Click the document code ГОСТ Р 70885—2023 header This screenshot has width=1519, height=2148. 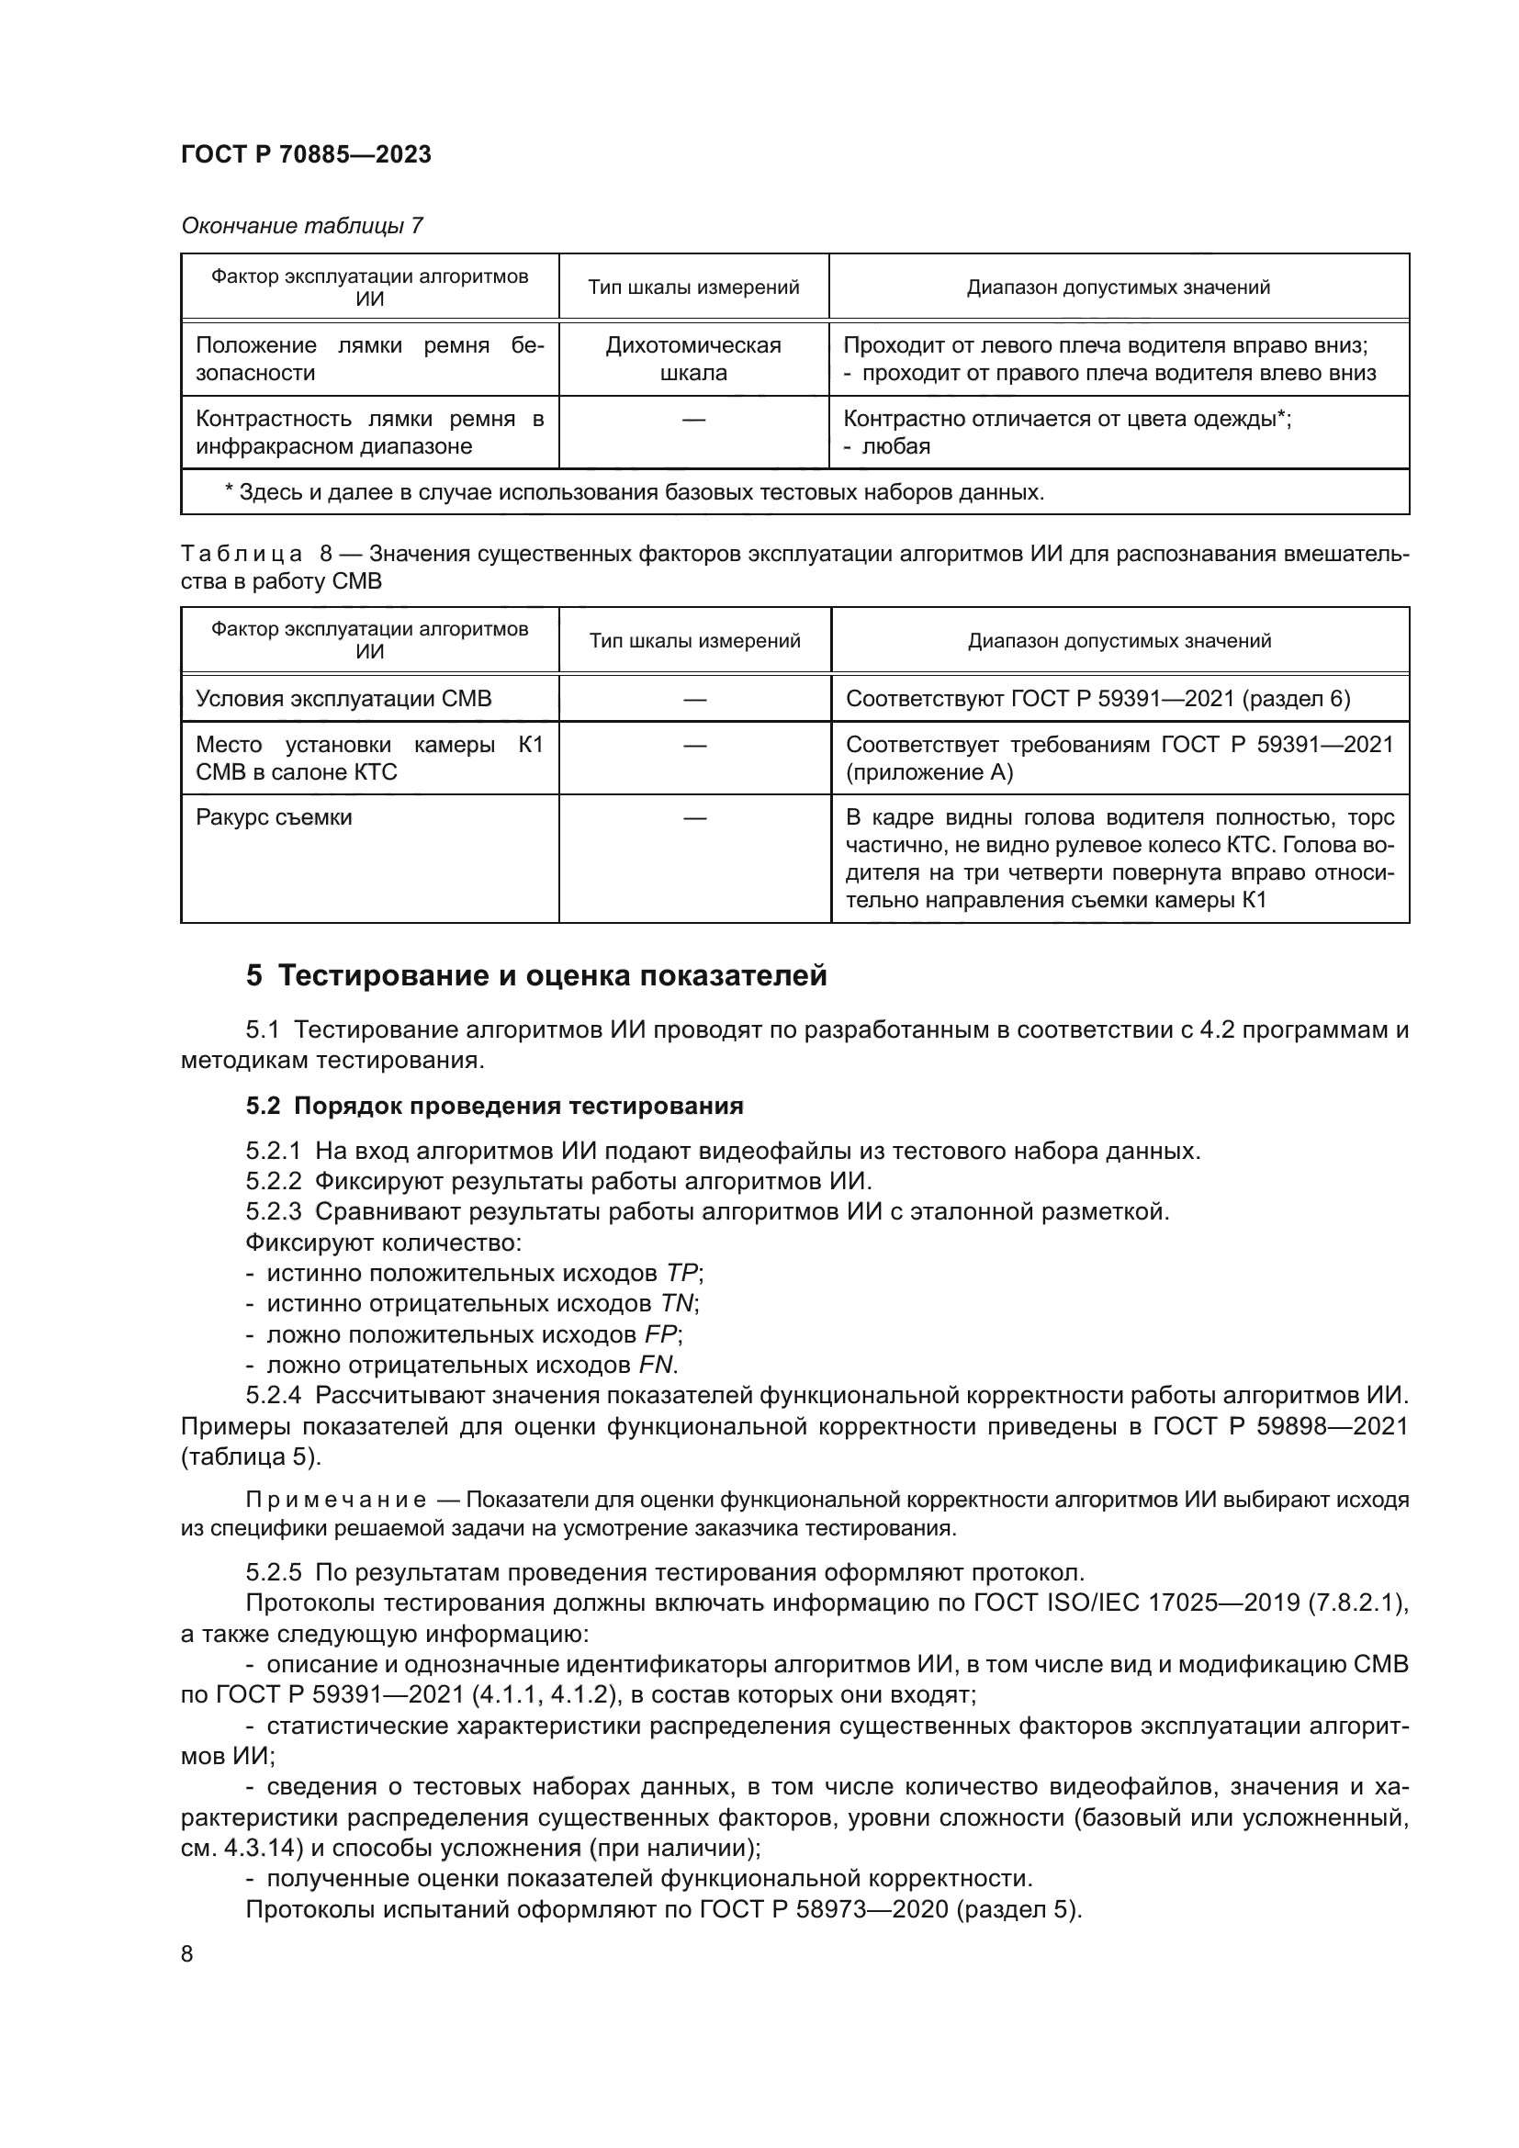(306, 154)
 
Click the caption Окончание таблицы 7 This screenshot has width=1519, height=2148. (301, 226)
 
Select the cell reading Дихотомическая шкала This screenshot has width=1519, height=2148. (693, 358)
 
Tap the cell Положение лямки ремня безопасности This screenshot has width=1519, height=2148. (369, 358)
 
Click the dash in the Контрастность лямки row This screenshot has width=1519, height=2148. (693, 420)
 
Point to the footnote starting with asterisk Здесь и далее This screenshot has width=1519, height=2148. (635, 492)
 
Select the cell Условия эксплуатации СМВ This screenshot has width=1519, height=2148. (343, 699)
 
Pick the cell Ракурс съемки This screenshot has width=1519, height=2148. (274, 817)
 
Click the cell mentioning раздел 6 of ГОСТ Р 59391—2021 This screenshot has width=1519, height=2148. (1097, 699)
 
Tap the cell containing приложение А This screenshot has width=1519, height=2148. (928, 771)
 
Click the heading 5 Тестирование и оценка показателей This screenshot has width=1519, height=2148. (536, 976)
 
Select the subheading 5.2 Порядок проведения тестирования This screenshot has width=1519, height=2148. (494, 1106)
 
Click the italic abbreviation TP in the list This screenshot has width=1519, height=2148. (681, 1273)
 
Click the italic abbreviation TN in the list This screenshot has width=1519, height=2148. (677, 1303)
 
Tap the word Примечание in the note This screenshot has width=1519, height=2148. (336, 1500)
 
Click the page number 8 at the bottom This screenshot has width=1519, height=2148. (187, 1954)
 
